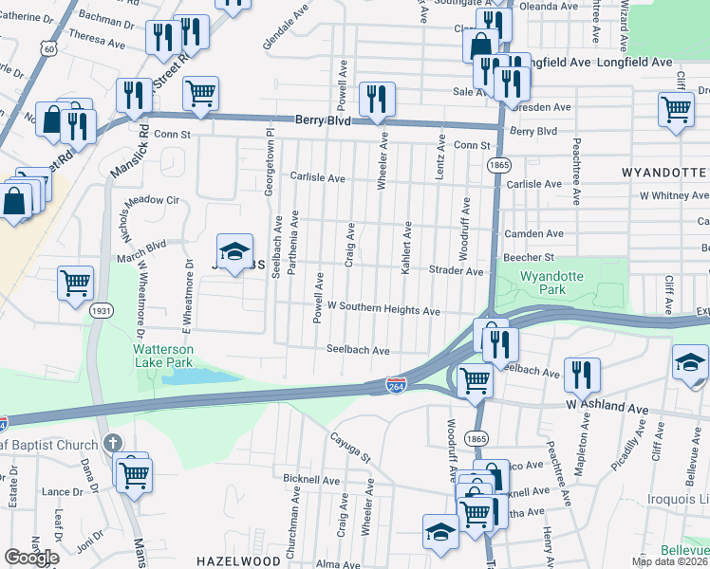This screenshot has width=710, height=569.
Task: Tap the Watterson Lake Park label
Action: click(x=163, y=355)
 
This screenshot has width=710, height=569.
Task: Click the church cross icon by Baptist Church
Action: click(x=112, y=443)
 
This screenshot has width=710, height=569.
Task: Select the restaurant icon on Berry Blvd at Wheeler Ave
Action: click(x=377, y=100)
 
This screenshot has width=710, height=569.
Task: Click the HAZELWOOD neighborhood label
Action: click(x=234, y=561)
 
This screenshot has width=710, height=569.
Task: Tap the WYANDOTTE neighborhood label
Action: click(x=664, y=174)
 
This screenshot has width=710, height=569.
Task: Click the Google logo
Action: click(x=31, y=558)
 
